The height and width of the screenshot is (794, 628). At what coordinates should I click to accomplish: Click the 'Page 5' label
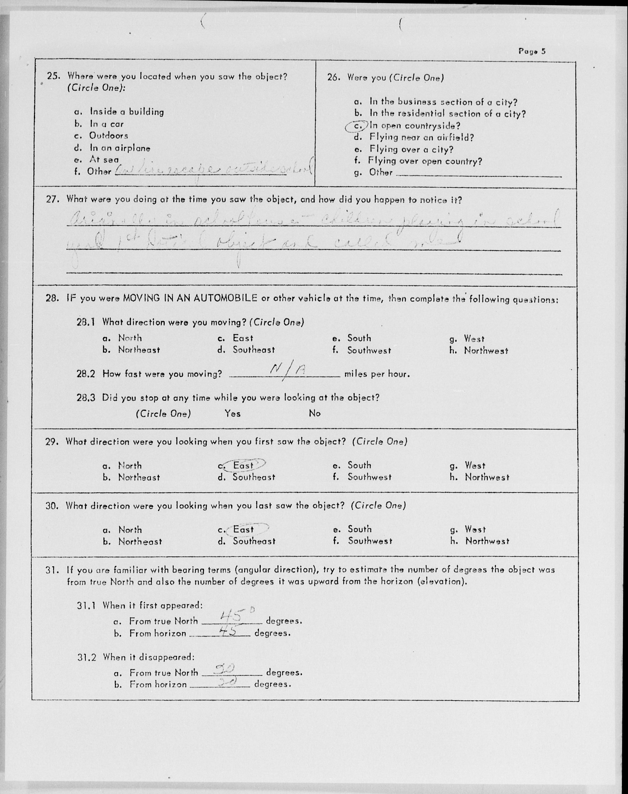point(532,51)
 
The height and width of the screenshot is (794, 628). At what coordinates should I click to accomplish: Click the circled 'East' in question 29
point(243,465)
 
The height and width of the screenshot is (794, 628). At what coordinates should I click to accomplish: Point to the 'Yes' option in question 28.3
point(233,414)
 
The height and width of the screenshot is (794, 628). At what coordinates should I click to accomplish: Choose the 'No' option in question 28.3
point(315,413)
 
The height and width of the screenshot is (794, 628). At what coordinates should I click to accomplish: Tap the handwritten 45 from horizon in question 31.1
point(229,631)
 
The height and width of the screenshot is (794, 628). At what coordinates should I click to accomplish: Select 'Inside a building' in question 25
point(127,112)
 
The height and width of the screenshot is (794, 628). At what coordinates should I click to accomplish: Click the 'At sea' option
point(104,160)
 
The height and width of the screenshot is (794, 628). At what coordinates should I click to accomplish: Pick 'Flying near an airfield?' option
point(421,138)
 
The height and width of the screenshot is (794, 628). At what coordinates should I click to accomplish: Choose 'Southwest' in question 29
point(369,477)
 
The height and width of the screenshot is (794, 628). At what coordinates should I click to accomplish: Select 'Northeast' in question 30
point(140,541)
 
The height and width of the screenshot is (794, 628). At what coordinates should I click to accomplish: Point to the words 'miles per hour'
point(377,374)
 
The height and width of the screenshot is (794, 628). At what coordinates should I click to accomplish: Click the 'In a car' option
point(107,124)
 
